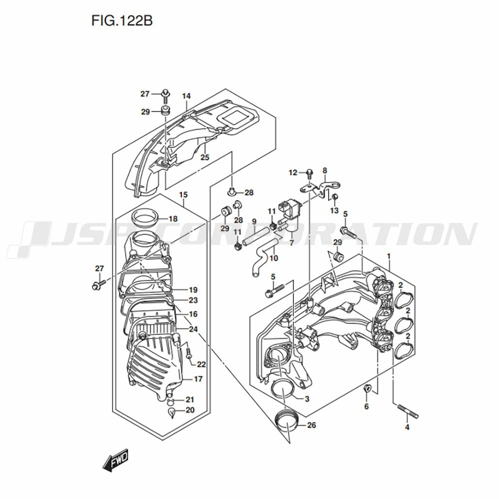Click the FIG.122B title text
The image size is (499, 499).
point(122,20)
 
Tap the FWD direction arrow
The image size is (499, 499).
point(116,460)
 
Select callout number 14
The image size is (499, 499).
point(186,96)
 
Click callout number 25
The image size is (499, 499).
point(205,157)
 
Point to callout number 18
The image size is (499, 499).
point(173,219)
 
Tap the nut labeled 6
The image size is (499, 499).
point(367,389)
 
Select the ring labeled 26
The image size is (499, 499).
point(287,421)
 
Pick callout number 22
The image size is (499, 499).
point(201,364)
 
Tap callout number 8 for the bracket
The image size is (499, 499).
point(325,171)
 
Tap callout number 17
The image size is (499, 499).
point(198,379)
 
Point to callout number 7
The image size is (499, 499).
point(291,243)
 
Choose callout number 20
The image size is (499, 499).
point(190,410)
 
